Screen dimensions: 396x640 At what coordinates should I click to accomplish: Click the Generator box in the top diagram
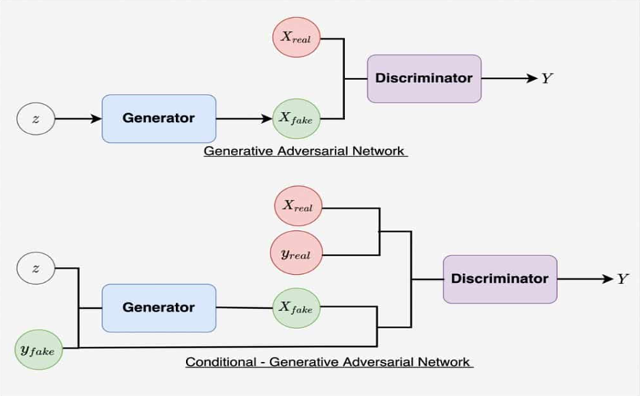[x=159, y=118]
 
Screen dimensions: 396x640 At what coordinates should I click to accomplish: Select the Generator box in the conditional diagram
[x=159, y=307]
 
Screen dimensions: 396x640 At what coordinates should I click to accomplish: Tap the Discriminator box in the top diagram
[x=424, y=78]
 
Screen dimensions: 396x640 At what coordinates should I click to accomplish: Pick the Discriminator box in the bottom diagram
[x=500, y=278]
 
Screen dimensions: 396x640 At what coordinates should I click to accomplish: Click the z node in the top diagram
[x=36, y=118]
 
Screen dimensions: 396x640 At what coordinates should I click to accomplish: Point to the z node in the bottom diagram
[x=36, y=268]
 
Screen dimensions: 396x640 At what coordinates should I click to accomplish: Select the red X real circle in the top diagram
[x=297, y=38]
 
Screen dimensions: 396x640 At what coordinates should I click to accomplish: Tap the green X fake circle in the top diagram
[x=297, y=118]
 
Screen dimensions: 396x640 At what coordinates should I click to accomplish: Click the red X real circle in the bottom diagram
[x=298, y=206]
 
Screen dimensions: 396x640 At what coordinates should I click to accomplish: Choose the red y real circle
[x=298, y=254]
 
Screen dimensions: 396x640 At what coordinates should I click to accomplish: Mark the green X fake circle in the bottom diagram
[x=297, y=307]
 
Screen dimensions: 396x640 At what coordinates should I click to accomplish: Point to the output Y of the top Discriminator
[x=547, y=78]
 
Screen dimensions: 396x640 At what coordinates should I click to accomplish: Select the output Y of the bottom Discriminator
[x=622, y=278]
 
